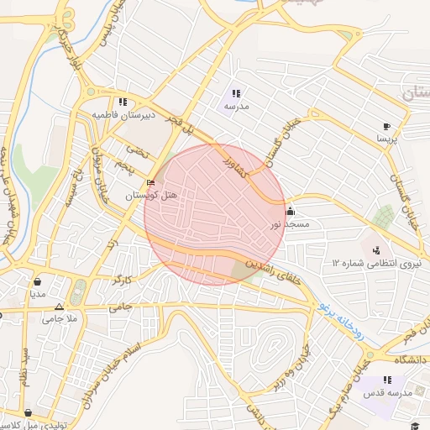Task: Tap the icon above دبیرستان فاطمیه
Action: coord(123,101)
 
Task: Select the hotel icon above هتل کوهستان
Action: coord(151,183)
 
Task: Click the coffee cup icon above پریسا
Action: coord(386,124)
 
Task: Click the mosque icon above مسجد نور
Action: coord(291,212)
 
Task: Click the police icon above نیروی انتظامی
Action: coord(376,249)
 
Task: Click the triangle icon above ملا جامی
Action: coord(58,307)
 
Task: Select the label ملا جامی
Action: coord(60,319)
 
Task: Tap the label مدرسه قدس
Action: coord(386,393)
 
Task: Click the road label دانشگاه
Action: coord(408,359)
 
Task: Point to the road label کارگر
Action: coord(123,276)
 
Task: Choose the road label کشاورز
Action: coord(233,164)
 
